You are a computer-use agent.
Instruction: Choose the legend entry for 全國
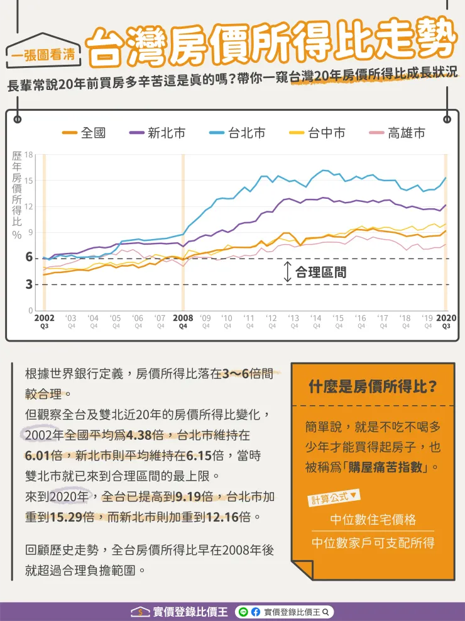pyautogui.click(x=84, y=133)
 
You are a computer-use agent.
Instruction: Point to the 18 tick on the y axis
pyautogui.click(x=29, y=155)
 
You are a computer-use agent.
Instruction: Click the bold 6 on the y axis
pyautogui.click(x=28, y=257)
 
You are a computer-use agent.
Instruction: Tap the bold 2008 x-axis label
pyautogui.click(x=183, y=318)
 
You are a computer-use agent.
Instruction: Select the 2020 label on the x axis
pyautogui.click(x=446, y=318)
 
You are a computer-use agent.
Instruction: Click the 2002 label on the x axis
pyautogui.click(x=45, y=318)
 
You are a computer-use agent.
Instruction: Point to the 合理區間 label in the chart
pyautogui.click(x=321, y=272)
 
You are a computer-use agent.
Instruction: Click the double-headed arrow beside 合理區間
pyautogui.click(x=287, y=272)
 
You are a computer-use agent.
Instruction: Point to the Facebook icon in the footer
pyautogui.click(x=256, y=612)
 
